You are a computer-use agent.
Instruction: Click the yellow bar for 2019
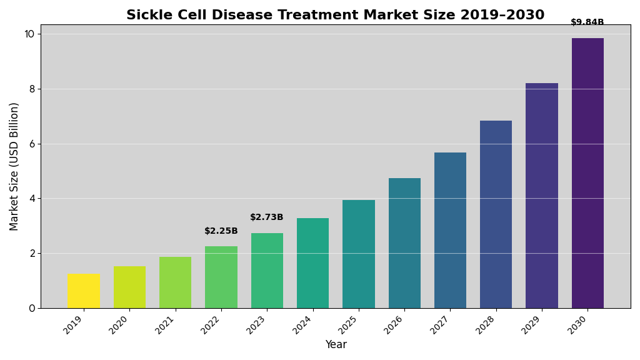pos(83,291)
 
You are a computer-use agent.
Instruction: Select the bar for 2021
pos(175,282)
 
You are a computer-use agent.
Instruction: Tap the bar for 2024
pos(312,263)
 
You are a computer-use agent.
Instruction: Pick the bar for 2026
pos(404,243)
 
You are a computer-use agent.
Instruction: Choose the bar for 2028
pos(496,214)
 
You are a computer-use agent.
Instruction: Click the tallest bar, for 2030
pos(587,173)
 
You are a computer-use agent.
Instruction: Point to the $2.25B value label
pos(221,231)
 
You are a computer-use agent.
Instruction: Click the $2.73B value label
pos(267,217)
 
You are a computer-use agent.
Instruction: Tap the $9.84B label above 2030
pos(587,22)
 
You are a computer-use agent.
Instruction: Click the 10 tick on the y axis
pos(29,34)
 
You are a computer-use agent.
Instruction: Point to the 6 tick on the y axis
pos(32,144)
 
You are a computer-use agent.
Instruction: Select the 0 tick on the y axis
pos(32,308)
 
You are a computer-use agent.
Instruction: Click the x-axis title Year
pos(336,345)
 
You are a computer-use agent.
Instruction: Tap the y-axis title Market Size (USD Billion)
pos(14,166)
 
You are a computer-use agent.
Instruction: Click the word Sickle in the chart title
pos(148,15)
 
